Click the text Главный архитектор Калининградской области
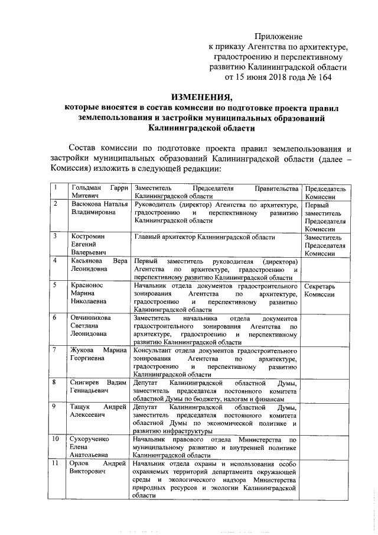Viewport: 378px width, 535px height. (x=204, y=237)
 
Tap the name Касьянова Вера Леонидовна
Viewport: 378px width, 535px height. (x=99, y=265)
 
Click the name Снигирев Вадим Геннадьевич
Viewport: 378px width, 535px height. (x=99, y=387)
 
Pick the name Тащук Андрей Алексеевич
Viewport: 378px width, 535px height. (x=99, y=412)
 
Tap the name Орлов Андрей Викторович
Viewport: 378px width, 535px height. (x=99, y=469)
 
